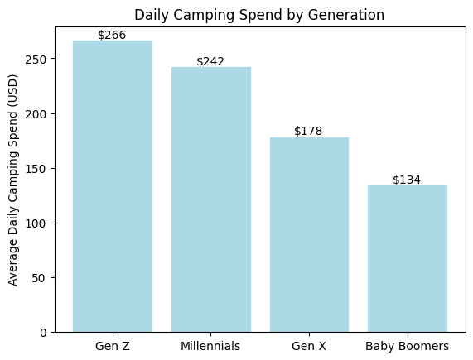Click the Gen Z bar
click(113, 186)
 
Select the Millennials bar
click(210, 199)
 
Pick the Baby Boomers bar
click(408, 258)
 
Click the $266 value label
click(113, 35)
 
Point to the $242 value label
click(210, 61)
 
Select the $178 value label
click(309, 131)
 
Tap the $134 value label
click(408, 180)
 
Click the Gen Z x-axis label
click(113, 346)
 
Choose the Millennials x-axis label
click(210, 346)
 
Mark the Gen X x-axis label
click(309, 346)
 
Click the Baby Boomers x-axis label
click(408, 346)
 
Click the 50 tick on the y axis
click(43, 278)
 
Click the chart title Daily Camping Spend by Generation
click(259, 15)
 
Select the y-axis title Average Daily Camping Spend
click(13, 180)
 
